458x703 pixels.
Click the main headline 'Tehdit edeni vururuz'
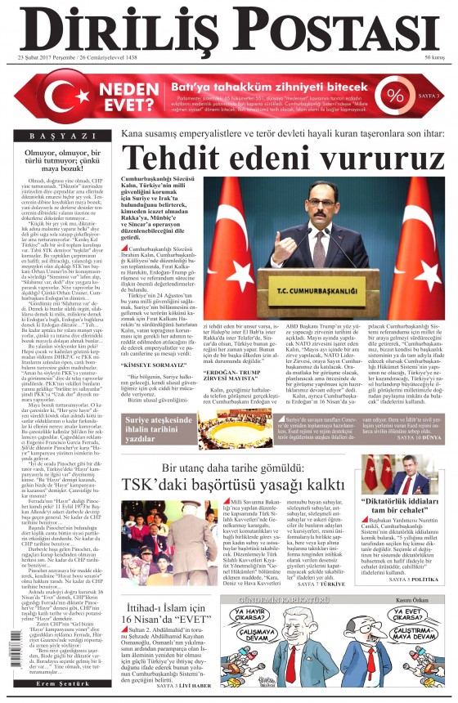tap(278, 156)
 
